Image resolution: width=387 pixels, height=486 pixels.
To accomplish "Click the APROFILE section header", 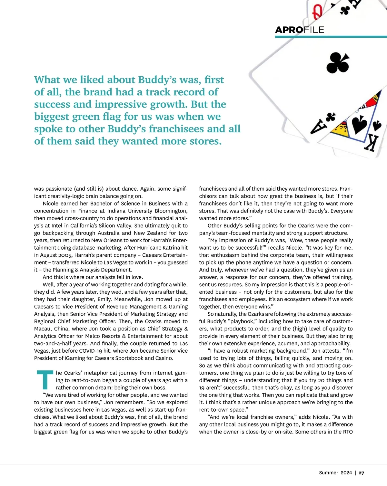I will pyautogui.click(x=299, y=30).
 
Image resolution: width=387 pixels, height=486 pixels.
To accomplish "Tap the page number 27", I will pyautogui.click(x=362, y=473).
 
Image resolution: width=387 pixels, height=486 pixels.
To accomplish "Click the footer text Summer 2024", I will pyautogui.click(x=335, y=473).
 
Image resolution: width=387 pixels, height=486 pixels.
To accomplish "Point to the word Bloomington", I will pyautogui.click(x=171, y=211).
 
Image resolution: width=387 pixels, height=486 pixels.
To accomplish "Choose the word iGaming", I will pyautogui.click(x=66, y=358).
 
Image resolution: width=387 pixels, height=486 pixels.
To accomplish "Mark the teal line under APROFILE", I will pyautogui.click(x=331, y=37).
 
